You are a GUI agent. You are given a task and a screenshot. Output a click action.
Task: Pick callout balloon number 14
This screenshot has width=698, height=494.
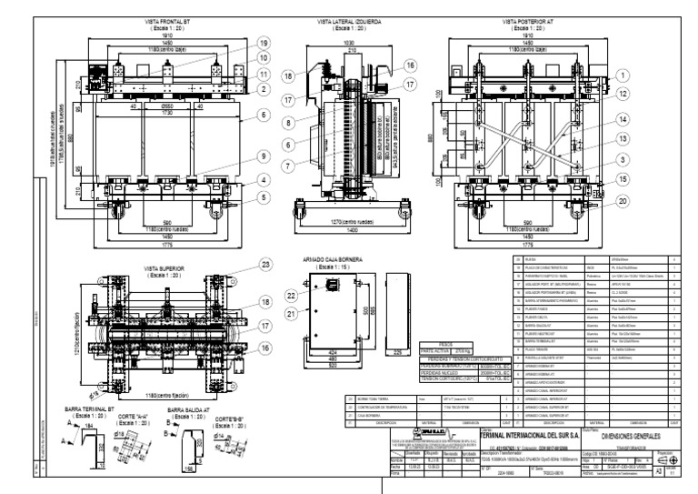(596, 119)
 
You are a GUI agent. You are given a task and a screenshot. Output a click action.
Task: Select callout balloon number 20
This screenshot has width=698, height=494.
(596, 203)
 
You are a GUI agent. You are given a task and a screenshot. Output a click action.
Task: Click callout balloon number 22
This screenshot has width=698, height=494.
(292, 296)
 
